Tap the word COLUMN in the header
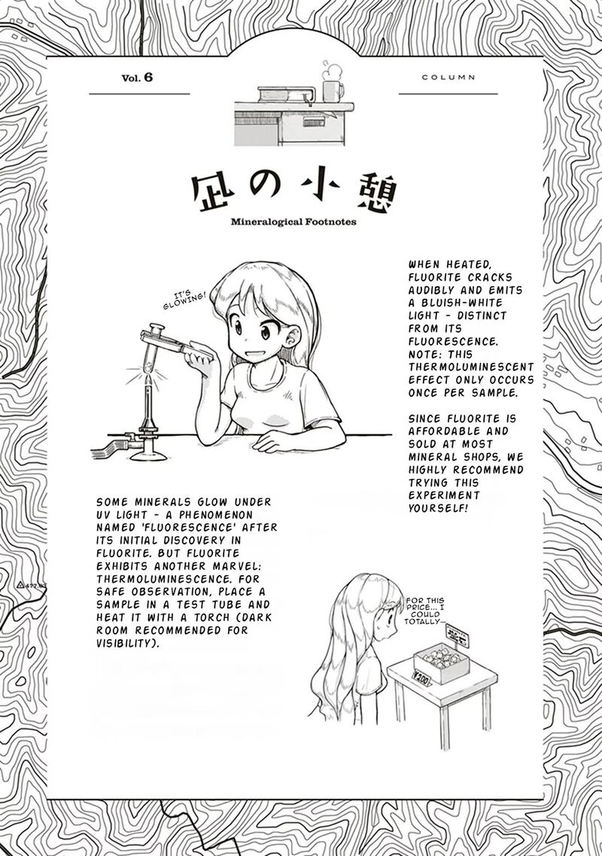(x=448, y=78)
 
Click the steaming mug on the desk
(x=332, y=90)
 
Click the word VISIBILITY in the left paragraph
(x=129, y=644)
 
